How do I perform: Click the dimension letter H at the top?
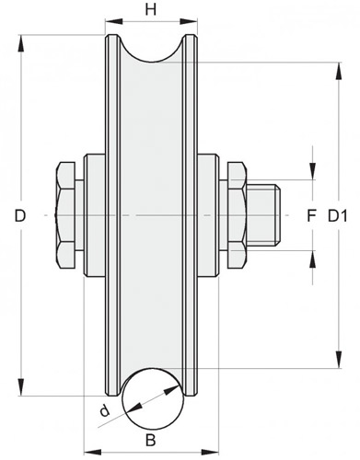pyautogui.click(x=151, y=9)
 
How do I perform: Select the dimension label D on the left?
pyautogui.click(x=20, y=216)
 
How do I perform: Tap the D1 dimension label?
pyautogui.click(x=338, y=216)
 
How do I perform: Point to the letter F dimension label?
pyautogui.click(x=311, y=216)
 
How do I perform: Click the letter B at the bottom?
pyautogui.click(x=150, y=441)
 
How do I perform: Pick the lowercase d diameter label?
pyautogui.click(x=105, y=410)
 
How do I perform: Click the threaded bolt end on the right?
pyautogui.click(x=263, y=215)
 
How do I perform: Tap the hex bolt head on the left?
pyautogui.click(x=65, y=215)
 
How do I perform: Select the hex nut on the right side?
pyautogui.click(x=237, y=215)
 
